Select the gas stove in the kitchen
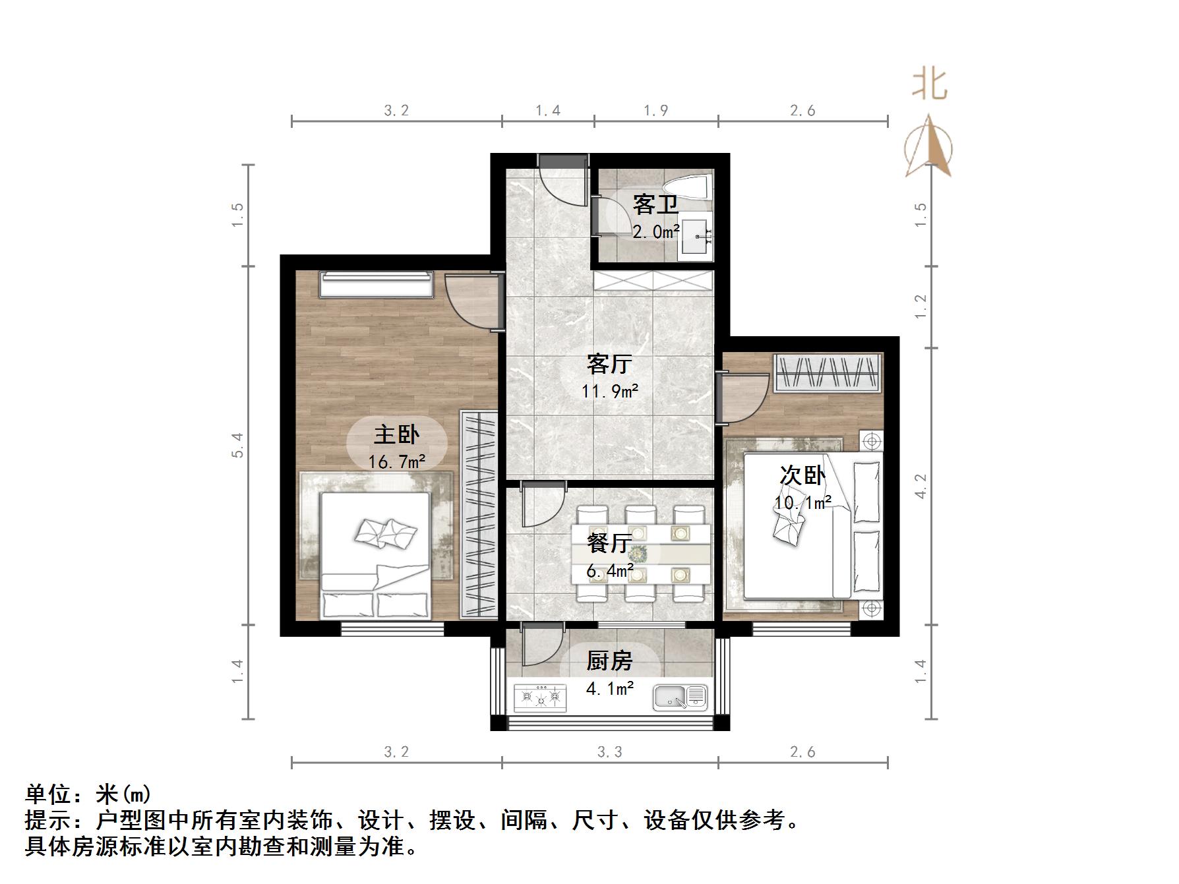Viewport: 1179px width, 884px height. (x=540, y=697)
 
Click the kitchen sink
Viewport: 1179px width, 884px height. (x=680, y=697)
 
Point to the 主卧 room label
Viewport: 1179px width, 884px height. (x=396, y=434)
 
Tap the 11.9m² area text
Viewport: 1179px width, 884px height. (x=609, y=391)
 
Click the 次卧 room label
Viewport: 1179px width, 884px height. (x=802, y=475)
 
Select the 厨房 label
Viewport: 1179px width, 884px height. (x=609, y=661)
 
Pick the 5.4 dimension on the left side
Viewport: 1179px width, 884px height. (x=238, y=445)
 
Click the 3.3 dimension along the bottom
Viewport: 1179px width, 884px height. (x=609, y=751)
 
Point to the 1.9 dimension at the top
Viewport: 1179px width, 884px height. (x=655, y=111)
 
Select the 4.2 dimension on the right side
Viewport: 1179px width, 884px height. (x=921, y=486)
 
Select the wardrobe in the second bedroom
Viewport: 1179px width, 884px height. (x=828, y=372)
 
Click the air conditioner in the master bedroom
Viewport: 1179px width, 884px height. (x=377, y=285)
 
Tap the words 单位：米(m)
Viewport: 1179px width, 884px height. (x=88, y=794)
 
